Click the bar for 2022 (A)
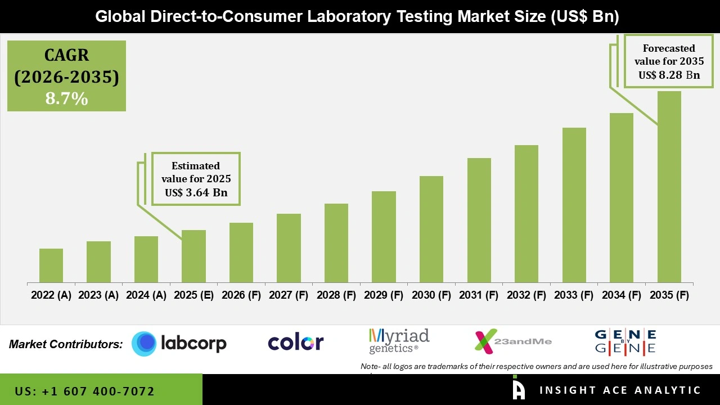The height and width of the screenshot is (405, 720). coord(51,265)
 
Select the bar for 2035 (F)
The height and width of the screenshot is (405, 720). coord(669,187)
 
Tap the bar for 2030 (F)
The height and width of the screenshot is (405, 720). coord(431,229)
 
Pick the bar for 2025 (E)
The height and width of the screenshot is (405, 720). coord(193,256)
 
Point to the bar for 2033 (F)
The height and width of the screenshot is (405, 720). coord(574,205)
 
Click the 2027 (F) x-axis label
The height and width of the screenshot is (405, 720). coord(289,295)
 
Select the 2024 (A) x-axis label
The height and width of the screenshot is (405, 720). coord(146,295)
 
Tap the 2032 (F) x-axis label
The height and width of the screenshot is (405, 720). coord(526,295)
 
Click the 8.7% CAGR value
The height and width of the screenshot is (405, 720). coord(66,99)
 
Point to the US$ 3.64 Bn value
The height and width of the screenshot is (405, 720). coord(196,192)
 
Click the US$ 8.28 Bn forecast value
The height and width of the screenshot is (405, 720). coord(669,75)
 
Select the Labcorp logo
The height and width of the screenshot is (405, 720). coord(179,343)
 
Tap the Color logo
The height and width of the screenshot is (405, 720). coord(295,343)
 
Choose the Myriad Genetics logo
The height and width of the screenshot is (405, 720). coord(399,341)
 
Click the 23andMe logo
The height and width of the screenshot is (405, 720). coord(513,341)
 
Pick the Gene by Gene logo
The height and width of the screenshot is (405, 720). coord(625,341)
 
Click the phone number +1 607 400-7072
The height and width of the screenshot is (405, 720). coord(84,391)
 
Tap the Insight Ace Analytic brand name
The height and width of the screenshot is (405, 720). coord(620,390)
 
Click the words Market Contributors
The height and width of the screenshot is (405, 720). coord(66,344)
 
